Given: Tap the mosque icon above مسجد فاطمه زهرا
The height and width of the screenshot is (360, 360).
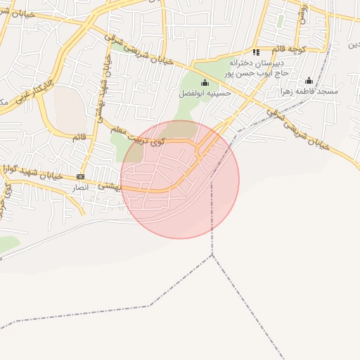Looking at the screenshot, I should [x=309, y=80].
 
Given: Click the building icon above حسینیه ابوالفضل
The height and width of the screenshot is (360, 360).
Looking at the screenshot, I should [x=205, y=82].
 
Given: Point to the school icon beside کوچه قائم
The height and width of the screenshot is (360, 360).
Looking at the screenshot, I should [x=256, y=52].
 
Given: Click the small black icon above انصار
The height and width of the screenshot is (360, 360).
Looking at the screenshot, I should [x=80, y=176].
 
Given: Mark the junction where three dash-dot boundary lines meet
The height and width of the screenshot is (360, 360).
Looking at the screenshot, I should [x=212, y=255].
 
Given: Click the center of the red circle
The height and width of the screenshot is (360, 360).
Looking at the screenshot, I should [x=180, y=179].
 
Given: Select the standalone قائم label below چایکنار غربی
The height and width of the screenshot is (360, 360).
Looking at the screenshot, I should [x=79, y=136].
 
